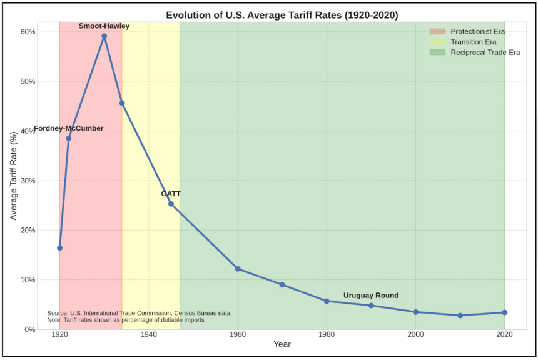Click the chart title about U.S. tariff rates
tap(282, 15)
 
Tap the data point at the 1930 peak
tap(104, 36)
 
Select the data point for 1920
tap(60, 248)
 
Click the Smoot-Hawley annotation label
tap(104, 26)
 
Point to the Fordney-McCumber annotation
tap(69, 129)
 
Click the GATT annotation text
tap(171, 194)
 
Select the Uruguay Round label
tap(371, 296)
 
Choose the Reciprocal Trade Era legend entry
tap(485, 52)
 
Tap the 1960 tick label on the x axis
tap(238, 334)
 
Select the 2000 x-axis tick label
tap(415, 334)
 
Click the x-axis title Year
tap(282, 344)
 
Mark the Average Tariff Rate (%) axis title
tap(14, 181)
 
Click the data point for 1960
tap(238, 269)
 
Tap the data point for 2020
tap(504, 312)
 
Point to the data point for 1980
tap(327, 301)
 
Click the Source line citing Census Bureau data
tap(139, 312)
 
